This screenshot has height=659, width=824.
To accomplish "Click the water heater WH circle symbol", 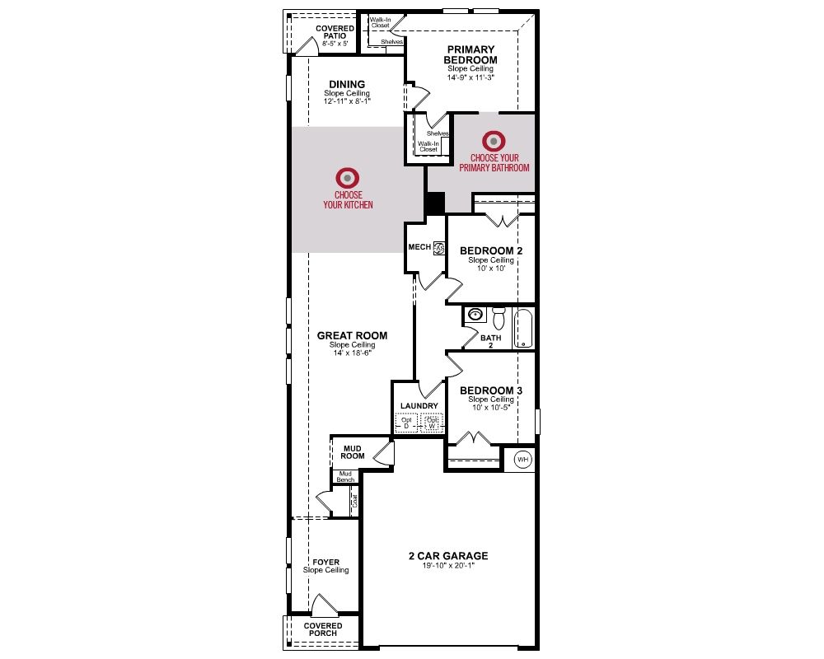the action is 522,460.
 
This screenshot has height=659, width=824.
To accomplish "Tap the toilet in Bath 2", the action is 499,317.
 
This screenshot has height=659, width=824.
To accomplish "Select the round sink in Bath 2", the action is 475,315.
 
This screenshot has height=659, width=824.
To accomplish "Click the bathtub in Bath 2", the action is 523,329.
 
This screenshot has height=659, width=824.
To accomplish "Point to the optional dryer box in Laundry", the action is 406,423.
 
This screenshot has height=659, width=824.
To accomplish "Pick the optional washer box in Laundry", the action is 432,423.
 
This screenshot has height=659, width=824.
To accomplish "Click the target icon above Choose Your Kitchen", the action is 348,178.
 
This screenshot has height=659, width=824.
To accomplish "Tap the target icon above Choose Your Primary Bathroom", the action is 494,142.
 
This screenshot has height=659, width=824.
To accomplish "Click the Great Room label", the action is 352,335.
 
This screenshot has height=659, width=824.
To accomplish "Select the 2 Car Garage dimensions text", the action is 448,565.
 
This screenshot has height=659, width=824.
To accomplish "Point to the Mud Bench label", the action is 346,477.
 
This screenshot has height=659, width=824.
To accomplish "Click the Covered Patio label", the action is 335,32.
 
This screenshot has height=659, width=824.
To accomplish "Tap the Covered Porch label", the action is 323,629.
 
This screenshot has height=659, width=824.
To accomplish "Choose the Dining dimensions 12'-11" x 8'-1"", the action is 347,100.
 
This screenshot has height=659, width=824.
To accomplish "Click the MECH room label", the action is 419,247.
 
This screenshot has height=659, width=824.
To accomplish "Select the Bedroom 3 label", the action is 491,390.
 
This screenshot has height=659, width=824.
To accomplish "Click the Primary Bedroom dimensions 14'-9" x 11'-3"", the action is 471,77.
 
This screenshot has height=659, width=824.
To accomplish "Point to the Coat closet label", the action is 355,500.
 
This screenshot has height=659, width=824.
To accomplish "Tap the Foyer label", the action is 325,563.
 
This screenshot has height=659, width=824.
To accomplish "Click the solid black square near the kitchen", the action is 434,203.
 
